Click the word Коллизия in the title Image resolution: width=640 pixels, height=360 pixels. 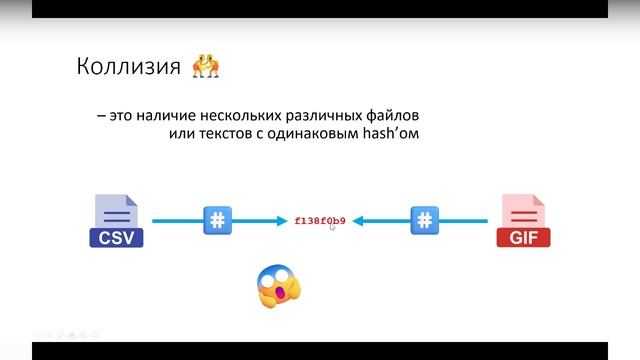coord(127,67)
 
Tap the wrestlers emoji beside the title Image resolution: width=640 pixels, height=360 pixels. coord(205,67)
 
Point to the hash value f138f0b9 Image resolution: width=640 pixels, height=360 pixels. coord(320,220)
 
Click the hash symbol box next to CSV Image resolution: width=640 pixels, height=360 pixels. coord(217,220)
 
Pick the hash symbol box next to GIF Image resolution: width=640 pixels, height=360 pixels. coord(425,220)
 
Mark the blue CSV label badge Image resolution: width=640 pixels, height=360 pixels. coord(116,238)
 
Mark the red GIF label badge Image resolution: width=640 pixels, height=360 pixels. coord(522,238)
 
